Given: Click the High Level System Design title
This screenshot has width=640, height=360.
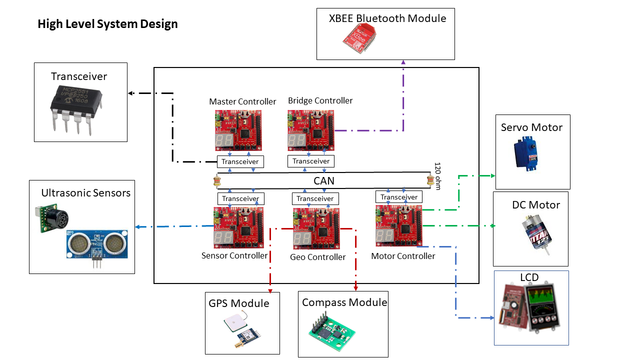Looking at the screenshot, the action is coord(107,24).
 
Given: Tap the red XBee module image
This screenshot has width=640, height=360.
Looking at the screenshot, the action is coord(359,38).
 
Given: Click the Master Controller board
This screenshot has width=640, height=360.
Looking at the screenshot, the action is coord(238,130).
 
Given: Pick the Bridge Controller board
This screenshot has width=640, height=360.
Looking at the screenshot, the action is coord(311,130).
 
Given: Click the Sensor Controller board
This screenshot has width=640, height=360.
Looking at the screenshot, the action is coord(238,227).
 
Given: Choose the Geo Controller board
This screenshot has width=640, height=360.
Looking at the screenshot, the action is coord(316,228).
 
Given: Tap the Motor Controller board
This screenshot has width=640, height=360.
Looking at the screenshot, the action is coord(399,225).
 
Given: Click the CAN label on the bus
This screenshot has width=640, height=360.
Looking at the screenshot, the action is coord(323,181).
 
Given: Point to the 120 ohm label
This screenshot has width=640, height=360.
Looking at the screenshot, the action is coord(437,176).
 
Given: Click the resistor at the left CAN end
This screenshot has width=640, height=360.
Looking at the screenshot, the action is coord(217,181).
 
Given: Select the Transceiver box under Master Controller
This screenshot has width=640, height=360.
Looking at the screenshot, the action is coord(240,161).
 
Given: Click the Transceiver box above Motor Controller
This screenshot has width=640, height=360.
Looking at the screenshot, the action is coord(399,197).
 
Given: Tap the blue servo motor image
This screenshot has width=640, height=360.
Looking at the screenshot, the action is coord(526,153).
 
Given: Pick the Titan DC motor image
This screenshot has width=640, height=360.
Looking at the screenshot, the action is coord(536,234).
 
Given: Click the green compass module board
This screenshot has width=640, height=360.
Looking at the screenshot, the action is coord(331,331).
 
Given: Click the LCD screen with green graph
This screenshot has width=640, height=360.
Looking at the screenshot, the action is coord(542,308).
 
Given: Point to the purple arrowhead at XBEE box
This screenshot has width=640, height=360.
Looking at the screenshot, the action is coord(403,62).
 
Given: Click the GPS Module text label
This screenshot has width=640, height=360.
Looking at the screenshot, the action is coord(239,303).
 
